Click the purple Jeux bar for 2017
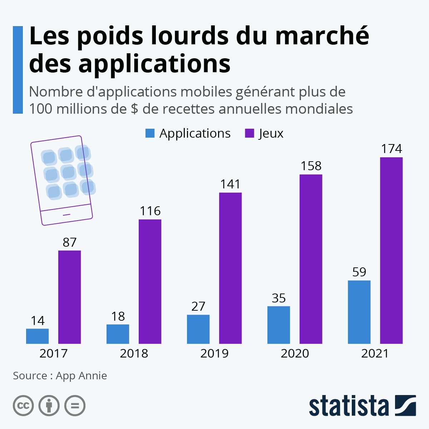(x=69, y=297)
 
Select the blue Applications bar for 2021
(x=359, y=312)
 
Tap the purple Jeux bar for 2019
(x=230, y=268)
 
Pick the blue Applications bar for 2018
(x=118, y=334)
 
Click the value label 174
(x=391, y=149)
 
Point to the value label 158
(x=311, y=166)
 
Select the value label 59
(x=359, y=272)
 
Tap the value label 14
(x=38, y=321)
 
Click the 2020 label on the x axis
(x=295, y=353)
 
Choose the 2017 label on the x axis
(x=53, y=353)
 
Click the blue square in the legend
(x=150, y=133)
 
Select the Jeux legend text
(x=271, y=133)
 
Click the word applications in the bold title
(x=154, y=64)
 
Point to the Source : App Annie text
(x=60, y=376)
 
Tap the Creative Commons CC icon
(x=23, y=406)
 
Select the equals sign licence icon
(x=75, y=406)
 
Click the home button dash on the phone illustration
(x=67, y=214)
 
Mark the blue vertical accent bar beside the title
(x=18, y=70)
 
